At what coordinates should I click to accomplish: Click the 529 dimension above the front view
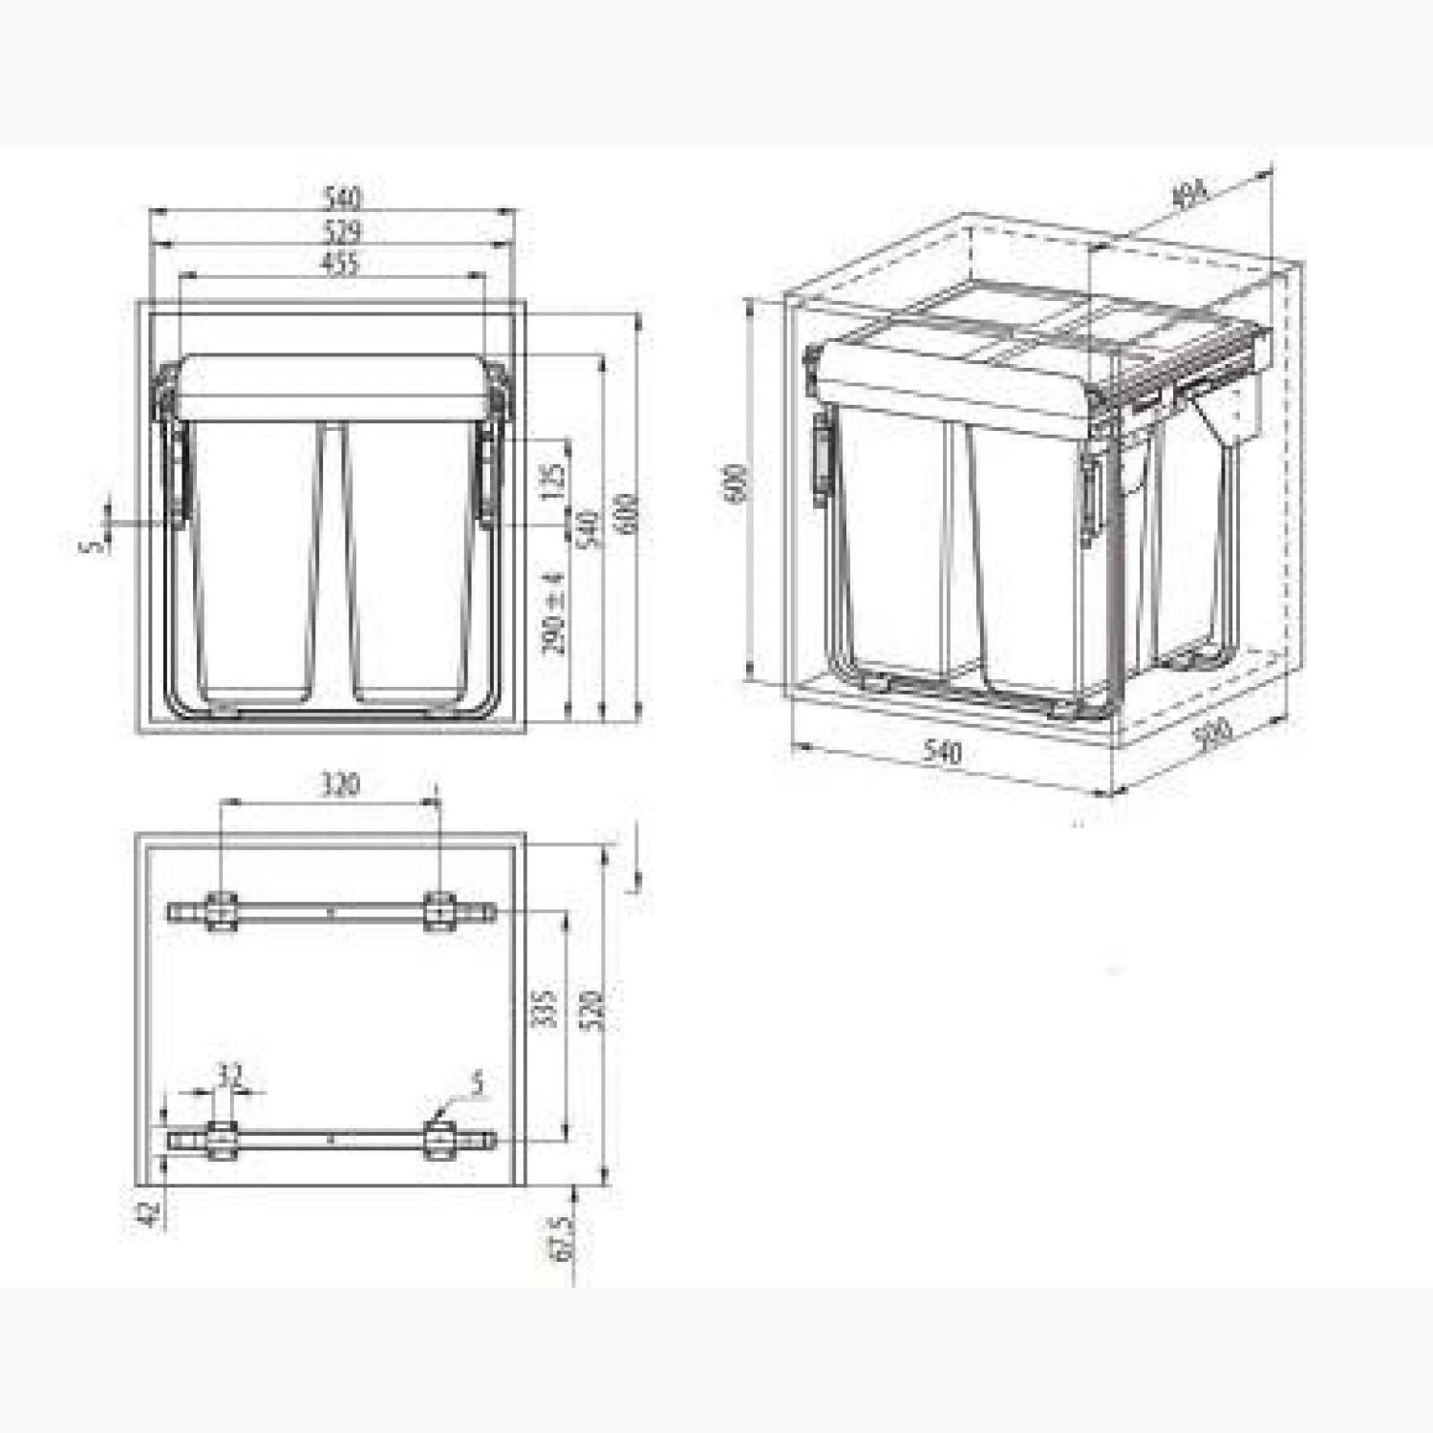pyautogui.click(x=341, y=231)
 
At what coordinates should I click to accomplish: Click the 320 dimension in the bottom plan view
pyautogui.click(x=338, y=784)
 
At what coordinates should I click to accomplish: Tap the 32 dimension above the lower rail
pyautogui.click(x=229, y=1076)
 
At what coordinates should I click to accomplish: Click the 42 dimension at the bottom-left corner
pyautogui.click(x=148, y=1213)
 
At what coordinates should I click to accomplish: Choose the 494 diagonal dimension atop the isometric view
pyautogui.click(x=1188, y=195)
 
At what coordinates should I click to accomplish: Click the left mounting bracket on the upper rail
pyautogui.click(x=221, y=911)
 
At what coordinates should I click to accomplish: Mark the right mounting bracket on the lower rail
pyautogui.click(x=439, y=1140)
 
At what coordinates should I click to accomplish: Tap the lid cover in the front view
pyautogui.click(x=332, y=388)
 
